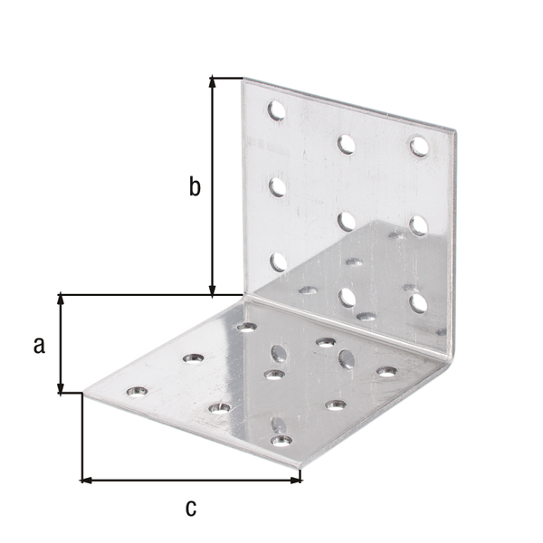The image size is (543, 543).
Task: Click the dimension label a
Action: pos(39,344)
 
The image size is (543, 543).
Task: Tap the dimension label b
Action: pos(194,186)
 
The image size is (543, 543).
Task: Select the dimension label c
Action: pos(190,508)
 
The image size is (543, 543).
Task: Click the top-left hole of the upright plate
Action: pos(276,110)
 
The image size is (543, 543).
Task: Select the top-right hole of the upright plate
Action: pos(418,145)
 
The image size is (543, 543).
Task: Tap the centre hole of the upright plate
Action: pos(346,220)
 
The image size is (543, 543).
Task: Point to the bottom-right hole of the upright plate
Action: pos(417,300)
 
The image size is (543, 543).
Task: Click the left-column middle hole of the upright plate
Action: pos(277,186)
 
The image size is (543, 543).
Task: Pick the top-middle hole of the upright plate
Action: pos(346,142)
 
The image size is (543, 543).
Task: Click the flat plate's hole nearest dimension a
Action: pos(137,392)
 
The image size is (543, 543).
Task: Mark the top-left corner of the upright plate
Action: pos(244,79)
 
